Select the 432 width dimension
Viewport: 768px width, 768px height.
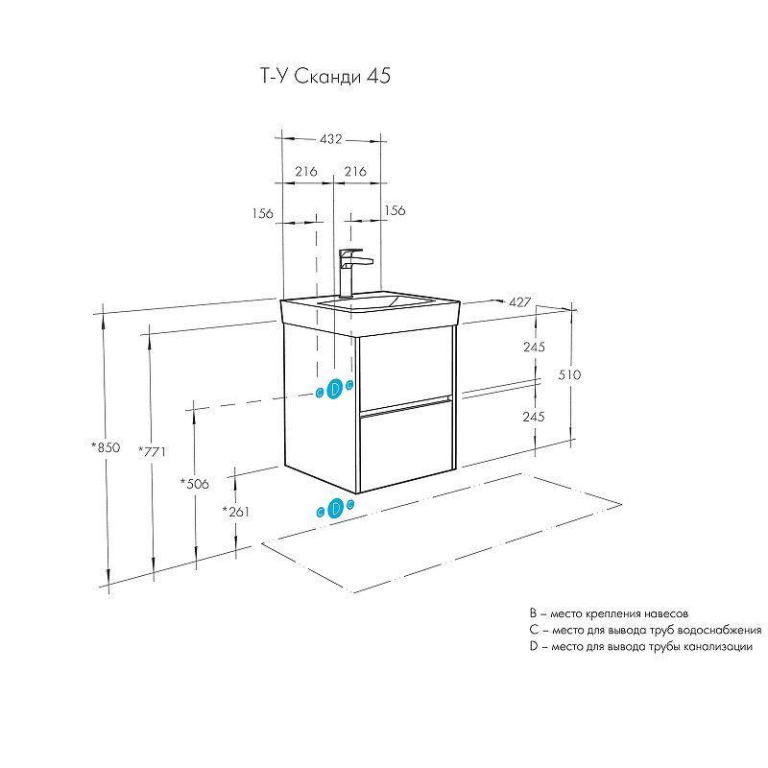pos(331,139)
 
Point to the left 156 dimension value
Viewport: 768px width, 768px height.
pos(263,212)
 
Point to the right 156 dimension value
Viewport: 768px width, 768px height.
pos(395,211)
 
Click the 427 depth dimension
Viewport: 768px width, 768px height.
pos(520,301)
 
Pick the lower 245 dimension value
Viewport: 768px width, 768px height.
pos(535,417)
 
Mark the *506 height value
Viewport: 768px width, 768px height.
pos(195,483)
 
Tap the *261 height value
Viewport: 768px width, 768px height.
pos(236,512)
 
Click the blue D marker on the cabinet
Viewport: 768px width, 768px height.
pos(335,389)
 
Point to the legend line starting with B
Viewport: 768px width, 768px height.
pos(609,612)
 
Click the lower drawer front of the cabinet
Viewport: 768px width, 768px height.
pos(404,448)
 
